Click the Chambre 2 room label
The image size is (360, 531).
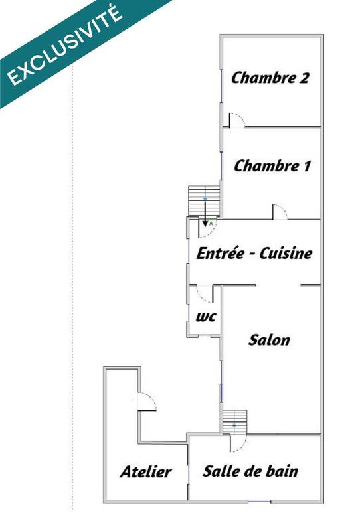tap(270, 78)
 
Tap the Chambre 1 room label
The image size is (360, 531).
tap(272, 166)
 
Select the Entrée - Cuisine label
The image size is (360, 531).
tap(254, 253)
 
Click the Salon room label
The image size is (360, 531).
tap(269, 341)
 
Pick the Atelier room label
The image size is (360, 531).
tap(145, 472)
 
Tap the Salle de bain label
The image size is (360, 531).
tap(250, 471)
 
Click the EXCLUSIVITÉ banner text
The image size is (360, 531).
tap(65, 44)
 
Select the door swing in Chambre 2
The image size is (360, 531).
tap(237, 120)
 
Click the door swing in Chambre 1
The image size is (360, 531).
tap(279, 212)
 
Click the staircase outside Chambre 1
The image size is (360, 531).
tap(203, 199)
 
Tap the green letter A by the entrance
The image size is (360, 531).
tap(211, 224)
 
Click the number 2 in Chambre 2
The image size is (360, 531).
tap(304, 78)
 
